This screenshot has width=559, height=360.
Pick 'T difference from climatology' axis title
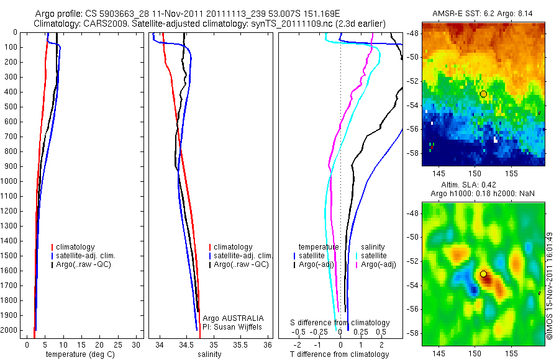(339, 354)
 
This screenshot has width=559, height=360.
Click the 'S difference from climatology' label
(340, 323)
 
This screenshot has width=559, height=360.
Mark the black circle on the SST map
(483, 94)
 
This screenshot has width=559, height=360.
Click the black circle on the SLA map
(483, 274)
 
